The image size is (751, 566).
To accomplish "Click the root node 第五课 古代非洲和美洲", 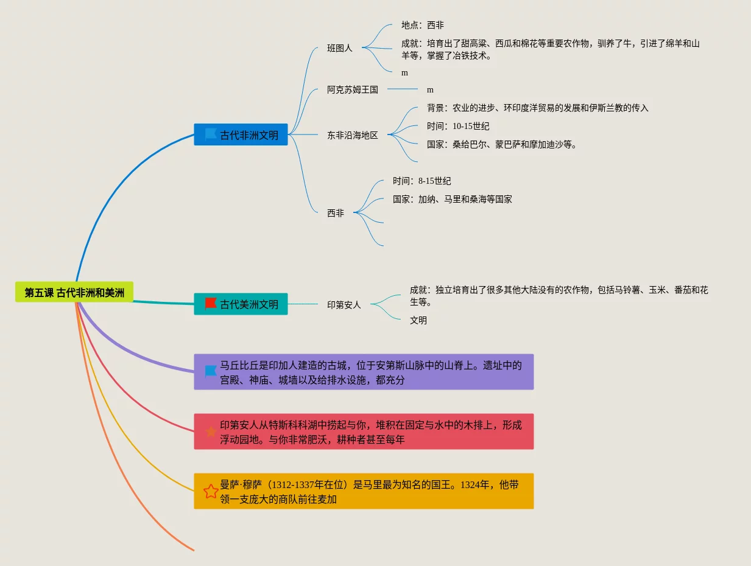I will (x=74, y=293).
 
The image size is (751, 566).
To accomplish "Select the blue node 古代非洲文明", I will (x=241, y=135).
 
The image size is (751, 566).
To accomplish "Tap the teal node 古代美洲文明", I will (x=241, y=304).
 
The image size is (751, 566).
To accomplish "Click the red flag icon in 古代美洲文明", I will (x=211, y=303).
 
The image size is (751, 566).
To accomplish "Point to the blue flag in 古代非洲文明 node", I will (x=211, y=134).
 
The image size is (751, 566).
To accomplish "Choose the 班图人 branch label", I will (x=339, y=48).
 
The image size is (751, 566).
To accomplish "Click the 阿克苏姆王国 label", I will (x=352, y=89).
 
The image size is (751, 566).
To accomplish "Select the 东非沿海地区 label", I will (x=352, y=135).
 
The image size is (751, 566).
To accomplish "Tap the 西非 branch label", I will (x=335, y=213).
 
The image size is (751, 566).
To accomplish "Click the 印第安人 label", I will (x=344, y=304).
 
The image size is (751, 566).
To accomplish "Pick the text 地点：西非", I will (x=422, y=25).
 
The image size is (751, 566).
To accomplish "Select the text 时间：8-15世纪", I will (x=421, y=181).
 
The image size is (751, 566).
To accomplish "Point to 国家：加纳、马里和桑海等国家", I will (x=452, y=199).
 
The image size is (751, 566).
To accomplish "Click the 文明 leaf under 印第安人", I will (x=418, y=320).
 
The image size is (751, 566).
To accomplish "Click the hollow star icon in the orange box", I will (x=211, y=491).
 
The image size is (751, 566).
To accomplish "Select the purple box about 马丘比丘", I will (x=364, y=372).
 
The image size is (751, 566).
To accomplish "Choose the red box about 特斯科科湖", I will (x=364, y=431).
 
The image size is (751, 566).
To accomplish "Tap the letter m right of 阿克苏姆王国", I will (x=430, y=90).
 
